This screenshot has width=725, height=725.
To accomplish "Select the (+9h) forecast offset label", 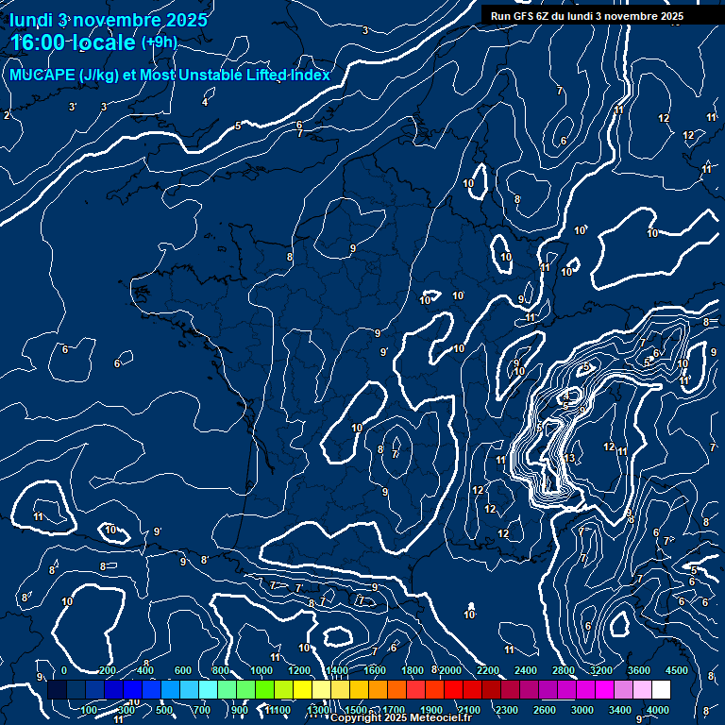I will (159, 42).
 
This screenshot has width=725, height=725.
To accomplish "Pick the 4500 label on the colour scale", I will (677, 670).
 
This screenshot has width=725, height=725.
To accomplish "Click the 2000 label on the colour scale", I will (450, 670).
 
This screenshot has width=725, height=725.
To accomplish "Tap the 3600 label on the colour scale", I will (639, 670).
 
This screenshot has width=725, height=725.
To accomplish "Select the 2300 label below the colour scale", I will (507, 710).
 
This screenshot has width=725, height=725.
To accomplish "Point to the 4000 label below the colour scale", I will (658, 710).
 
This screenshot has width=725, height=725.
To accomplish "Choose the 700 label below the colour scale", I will (202, 710).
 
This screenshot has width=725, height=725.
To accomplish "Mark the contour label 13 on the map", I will (568, 459).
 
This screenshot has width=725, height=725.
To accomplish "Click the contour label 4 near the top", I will (205, 102).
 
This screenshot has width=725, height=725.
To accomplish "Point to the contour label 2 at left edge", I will (7, 115).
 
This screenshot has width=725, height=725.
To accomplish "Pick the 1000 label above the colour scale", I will (261, 670).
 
